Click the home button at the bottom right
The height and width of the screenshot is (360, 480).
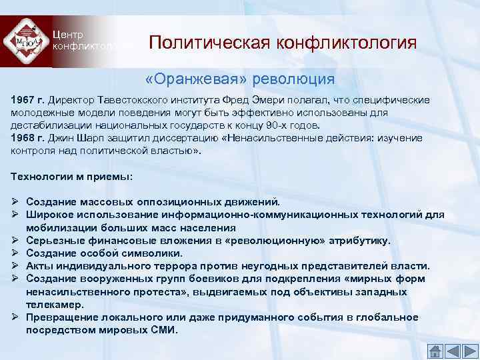tap(434, 350)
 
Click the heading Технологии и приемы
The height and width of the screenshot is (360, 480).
tap(71, 176)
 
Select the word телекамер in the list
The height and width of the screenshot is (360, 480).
tap(56, 304)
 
